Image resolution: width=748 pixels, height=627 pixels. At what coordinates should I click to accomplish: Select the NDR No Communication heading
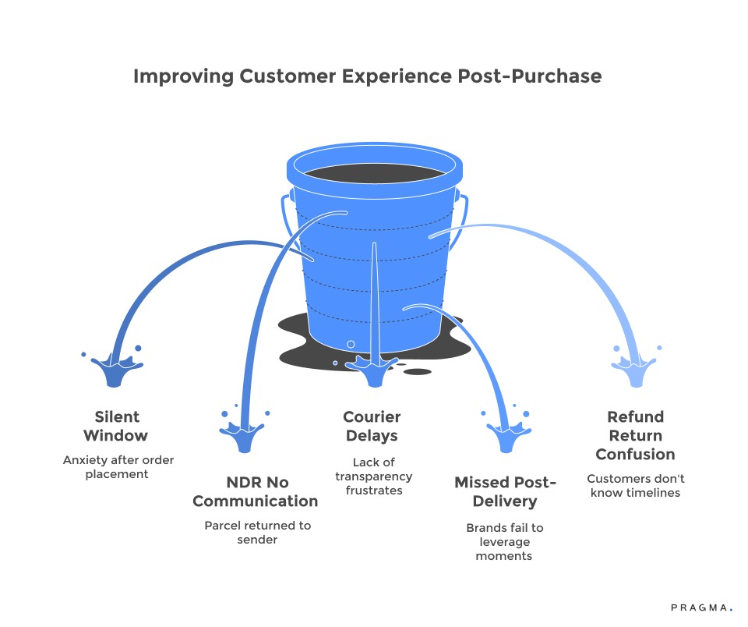(x=256, y=491)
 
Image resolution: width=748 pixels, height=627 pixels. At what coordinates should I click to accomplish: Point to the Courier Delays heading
(x=373, y=426)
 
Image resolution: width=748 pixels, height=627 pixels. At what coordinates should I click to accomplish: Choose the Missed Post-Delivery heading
(x=505, y=491)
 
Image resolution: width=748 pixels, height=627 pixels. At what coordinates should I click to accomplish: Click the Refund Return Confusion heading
(x=635, y=435)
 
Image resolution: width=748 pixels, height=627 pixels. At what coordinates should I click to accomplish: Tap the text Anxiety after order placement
(x=118, y=467)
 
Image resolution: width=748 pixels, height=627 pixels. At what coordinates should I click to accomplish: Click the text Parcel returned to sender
(x=257, y=532)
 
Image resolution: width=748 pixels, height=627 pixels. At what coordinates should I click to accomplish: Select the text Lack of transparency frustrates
(x=373, y=476)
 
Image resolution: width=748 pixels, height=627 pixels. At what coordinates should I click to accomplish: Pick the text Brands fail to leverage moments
(x=505, y=541)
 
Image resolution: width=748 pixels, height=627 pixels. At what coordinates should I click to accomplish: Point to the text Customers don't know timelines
(x=635, y=486)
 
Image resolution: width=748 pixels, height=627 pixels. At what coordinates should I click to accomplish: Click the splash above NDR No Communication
(x=245, y=433)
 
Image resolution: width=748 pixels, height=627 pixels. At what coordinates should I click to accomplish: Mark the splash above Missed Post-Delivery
(x=510, y=433)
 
